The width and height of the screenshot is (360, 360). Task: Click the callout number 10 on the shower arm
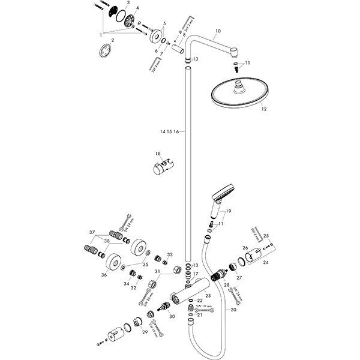[218, 30]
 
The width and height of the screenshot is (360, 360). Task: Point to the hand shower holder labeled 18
[163, 165]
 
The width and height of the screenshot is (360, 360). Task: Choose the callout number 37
[92, 233]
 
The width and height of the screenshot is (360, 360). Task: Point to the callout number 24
[266, 262]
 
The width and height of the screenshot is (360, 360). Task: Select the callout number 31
[157, 272]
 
